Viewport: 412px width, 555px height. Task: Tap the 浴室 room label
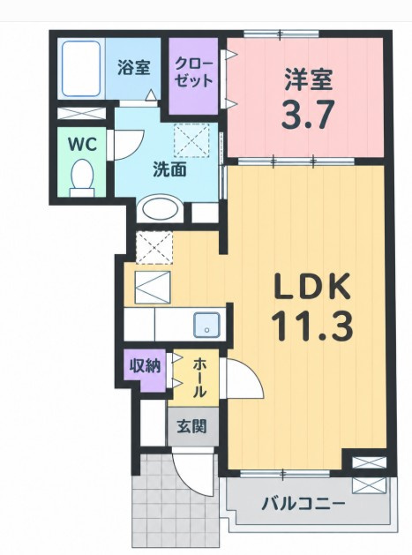(134, 68)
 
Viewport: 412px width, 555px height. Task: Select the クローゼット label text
(194, 73)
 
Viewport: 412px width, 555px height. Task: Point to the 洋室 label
(308, 80)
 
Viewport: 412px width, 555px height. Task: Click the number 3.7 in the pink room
(308, 115)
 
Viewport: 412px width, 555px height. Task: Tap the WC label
(82, 144)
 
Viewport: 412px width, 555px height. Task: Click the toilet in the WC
(83, 177)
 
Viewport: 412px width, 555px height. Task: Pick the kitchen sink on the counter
(206, 325)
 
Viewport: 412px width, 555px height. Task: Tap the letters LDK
(311, 288)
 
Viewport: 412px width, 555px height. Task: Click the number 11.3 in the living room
(312, 326)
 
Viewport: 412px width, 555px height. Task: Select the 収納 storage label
(145, 365)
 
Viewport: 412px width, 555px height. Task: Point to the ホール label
(199, 377)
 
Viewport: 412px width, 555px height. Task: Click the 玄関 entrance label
(191, 426)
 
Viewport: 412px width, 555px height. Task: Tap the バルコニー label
(303, 503)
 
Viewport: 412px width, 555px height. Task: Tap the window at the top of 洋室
(281, 34)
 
